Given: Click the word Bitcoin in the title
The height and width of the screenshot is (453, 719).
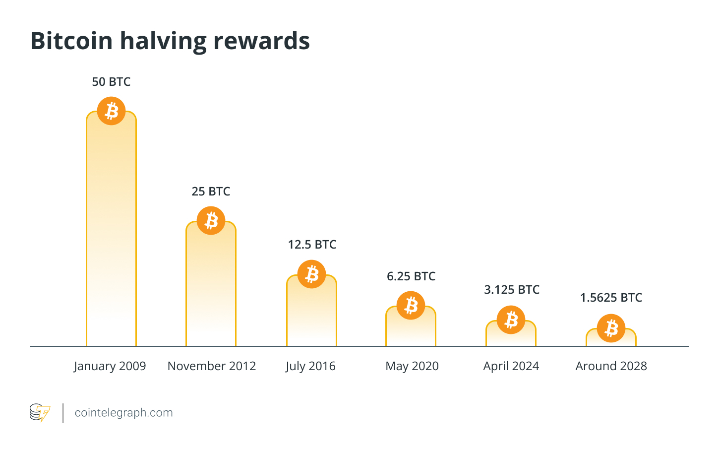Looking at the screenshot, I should [71, 41].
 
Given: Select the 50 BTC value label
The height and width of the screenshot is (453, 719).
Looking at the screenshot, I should [111, 82].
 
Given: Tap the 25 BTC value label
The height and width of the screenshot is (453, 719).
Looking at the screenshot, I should [211, 192].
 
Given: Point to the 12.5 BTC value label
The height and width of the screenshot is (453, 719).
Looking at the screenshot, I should [312, 245].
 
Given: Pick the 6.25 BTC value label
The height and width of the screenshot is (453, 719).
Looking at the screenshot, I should [411, 276].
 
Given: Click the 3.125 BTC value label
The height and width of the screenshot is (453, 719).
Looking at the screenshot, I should [511, 290].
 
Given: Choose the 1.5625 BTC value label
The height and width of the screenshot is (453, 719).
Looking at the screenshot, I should [611, 298].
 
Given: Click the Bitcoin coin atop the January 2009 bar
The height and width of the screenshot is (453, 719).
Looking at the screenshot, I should [111, 111].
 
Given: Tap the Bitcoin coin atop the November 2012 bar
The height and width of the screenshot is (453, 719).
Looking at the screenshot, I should [211, 220].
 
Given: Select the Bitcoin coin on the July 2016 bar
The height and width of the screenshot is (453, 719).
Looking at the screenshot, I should [311, 274].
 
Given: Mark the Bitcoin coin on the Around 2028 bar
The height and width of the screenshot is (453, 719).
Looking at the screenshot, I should [611, 328].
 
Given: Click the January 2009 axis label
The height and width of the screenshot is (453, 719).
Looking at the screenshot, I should [110, 366].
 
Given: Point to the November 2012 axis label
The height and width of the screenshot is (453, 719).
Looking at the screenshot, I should [212, 366].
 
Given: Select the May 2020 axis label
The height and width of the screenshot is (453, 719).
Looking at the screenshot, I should [412, 366].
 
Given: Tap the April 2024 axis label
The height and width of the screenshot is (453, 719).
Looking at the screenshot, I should [511, 366].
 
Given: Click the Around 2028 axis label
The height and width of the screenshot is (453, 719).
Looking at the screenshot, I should [611, 366].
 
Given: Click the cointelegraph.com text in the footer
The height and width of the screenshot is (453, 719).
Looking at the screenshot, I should [123, 413].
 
